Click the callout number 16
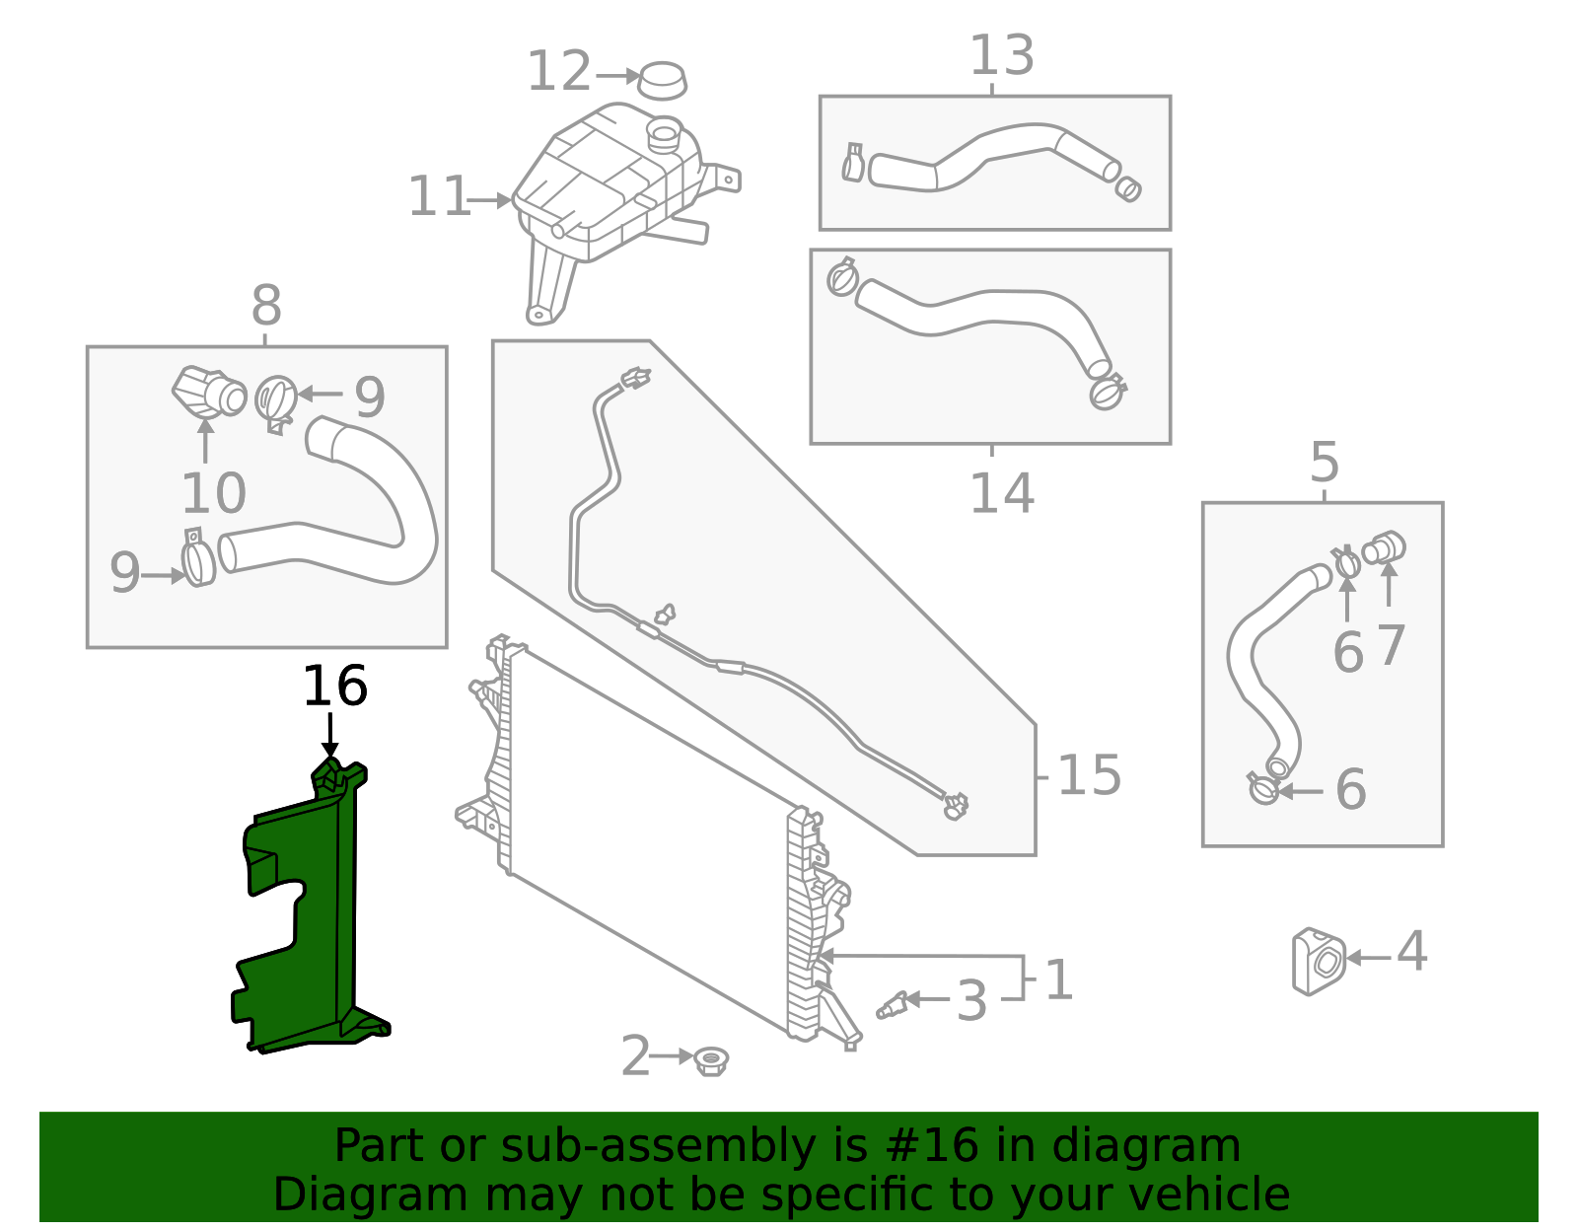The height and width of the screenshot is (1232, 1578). point(334,687)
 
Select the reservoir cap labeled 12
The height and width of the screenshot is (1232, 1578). point(662,80)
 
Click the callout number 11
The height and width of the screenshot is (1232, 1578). point(439,197)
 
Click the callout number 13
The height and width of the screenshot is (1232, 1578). point(1001,56)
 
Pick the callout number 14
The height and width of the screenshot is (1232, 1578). point(1001,493)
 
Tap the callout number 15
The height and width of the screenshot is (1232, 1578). point(1089,776)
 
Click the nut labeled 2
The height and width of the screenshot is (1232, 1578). point(710,1061)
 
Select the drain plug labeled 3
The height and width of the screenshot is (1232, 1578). point(893,1004)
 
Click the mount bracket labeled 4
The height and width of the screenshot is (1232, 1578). point(1318,961)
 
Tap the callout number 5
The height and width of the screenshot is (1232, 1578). point(1325,463)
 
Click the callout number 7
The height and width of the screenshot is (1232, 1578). point(1391,647)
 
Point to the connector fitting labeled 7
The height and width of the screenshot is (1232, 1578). point(1385,547)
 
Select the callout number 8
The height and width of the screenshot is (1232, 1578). point(266,307)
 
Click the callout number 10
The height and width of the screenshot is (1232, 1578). point(213,493)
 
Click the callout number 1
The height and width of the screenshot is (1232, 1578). point(1058,980)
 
